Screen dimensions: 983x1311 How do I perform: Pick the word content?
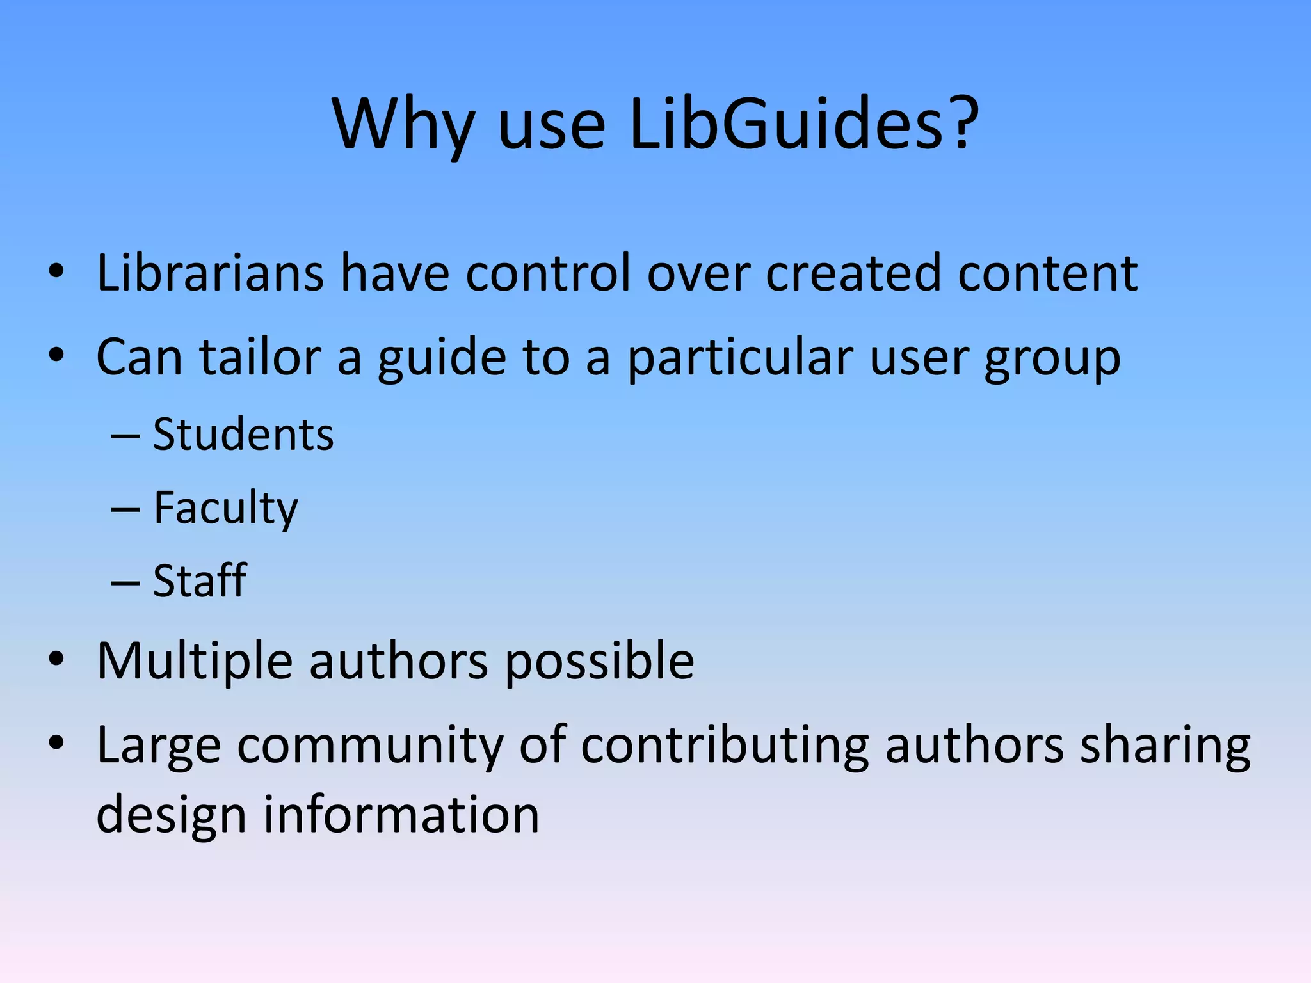point(1047,273)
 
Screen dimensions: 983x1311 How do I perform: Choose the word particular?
point(740,358)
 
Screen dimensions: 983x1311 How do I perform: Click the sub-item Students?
point(243,435)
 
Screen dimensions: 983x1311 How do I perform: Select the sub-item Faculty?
point(225,509)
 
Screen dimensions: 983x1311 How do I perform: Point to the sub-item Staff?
point(200,581)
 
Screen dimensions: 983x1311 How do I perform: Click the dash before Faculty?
point(125,510)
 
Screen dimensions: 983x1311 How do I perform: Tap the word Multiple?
point(195,660)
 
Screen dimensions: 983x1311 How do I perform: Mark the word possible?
point(599,662)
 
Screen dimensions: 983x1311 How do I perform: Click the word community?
point(370,746)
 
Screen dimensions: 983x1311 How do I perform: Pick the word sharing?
point(1165,746)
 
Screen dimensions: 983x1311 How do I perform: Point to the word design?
point(171,816)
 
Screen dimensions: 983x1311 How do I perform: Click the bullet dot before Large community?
point(56,742)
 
